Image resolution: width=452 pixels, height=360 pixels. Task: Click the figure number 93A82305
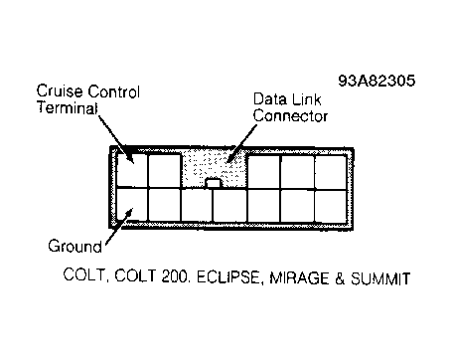click(377, 81)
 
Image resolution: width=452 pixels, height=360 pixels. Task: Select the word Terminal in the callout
click(68, 107)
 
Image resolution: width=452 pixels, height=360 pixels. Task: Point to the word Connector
click(290, 116)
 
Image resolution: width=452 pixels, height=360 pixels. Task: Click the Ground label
click(75, 247)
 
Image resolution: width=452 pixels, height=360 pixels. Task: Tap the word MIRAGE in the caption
click(299, 277)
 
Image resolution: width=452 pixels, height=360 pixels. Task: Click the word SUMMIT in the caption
click(380, 278)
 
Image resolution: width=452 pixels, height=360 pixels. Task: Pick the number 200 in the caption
click(175, 276)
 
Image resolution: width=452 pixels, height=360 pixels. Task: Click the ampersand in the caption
click(340, 278)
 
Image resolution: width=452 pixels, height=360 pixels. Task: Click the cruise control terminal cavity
click(132, 170)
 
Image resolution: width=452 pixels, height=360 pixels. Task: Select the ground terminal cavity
click(132, 205)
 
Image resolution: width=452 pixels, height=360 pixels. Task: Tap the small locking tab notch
click(214, 183)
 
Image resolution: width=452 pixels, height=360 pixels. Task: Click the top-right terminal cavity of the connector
click(330, 172)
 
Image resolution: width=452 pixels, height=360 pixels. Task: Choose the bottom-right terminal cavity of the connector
click(330, 206)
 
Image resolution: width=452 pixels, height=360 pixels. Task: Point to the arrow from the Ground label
click(119, 227)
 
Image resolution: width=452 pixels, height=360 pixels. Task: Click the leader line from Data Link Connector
click(242, 143)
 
